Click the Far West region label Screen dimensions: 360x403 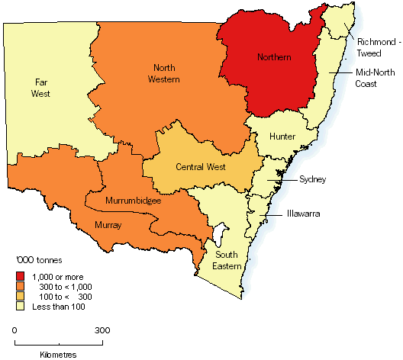(41, 88)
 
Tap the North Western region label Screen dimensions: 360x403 (165, 74)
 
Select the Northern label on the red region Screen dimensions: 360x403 (272, 58)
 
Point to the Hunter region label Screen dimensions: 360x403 (282, 136)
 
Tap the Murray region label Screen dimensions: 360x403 (108, 225)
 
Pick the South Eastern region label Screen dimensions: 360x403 (227, 259)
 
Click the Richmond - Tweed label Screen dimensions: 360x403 (374, 38)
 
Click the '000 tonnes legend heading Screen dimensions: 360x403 (38, 259)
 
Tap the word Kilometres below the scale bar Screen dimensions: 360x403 (58, 355)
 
